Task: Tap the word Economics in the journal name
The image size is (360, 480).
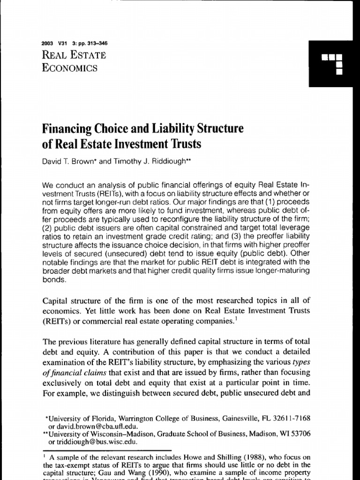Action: (x=70, y=67)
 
